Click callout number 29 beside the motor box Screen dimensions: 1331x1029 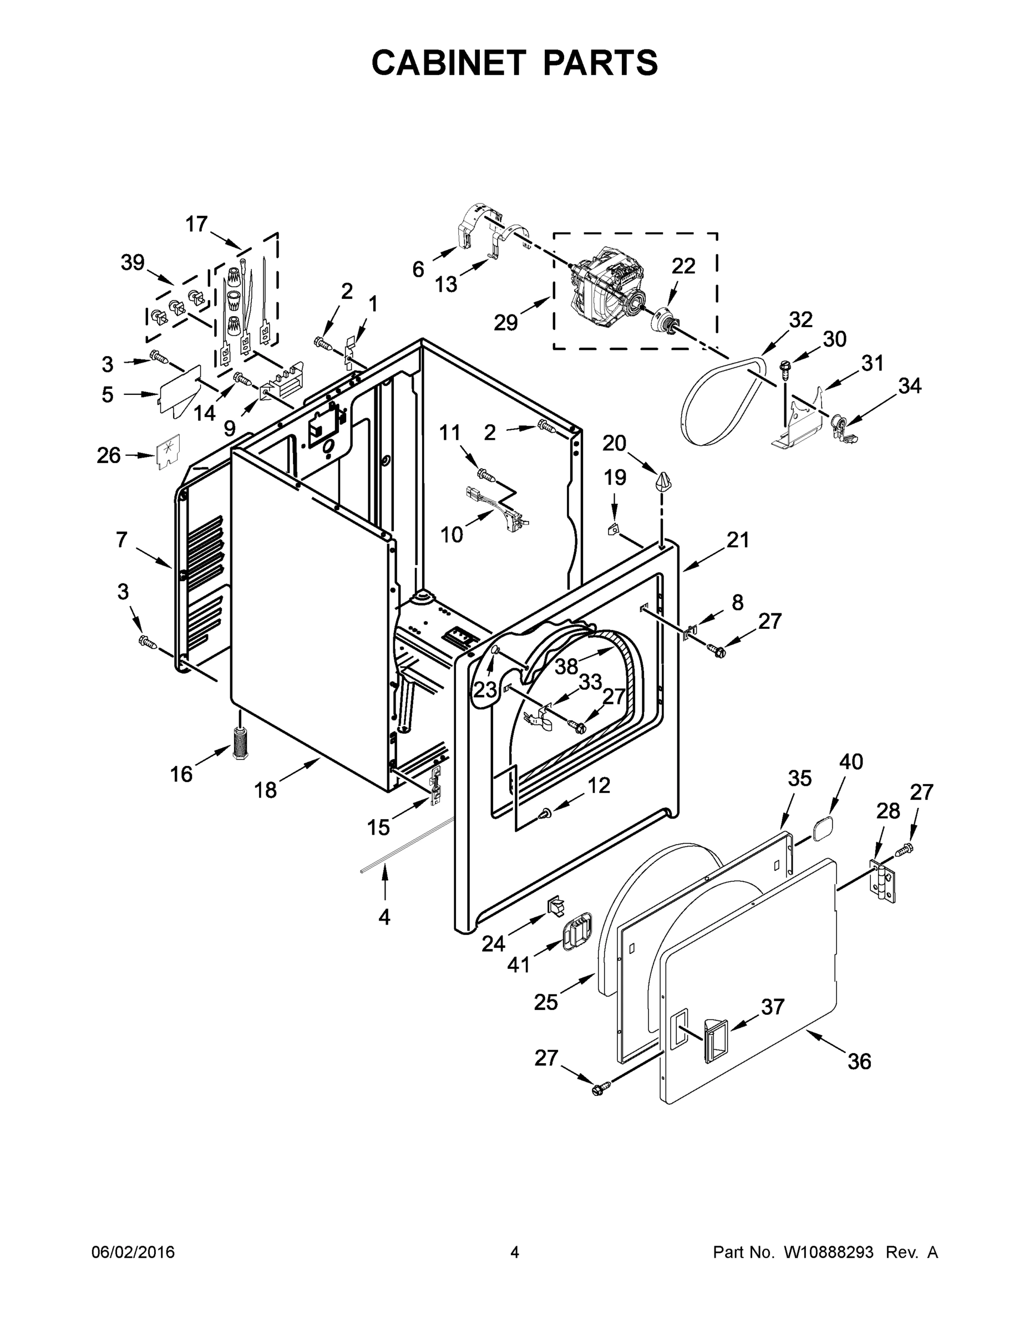coord(505,322)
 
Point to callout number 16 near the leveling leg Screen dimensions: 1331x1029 coord(181,774)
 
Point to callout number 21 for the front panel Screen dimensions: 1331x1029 coord(738,540)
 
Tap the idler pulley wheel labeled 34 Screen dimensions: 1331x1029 coord(842,424)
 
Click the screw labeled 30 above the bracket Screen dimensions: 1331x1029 coord(785,367)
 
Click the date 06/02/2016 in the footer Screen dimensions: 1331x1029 coord(133,1252)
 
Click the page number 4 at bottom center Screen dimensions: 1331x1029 coord(515,1252)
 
